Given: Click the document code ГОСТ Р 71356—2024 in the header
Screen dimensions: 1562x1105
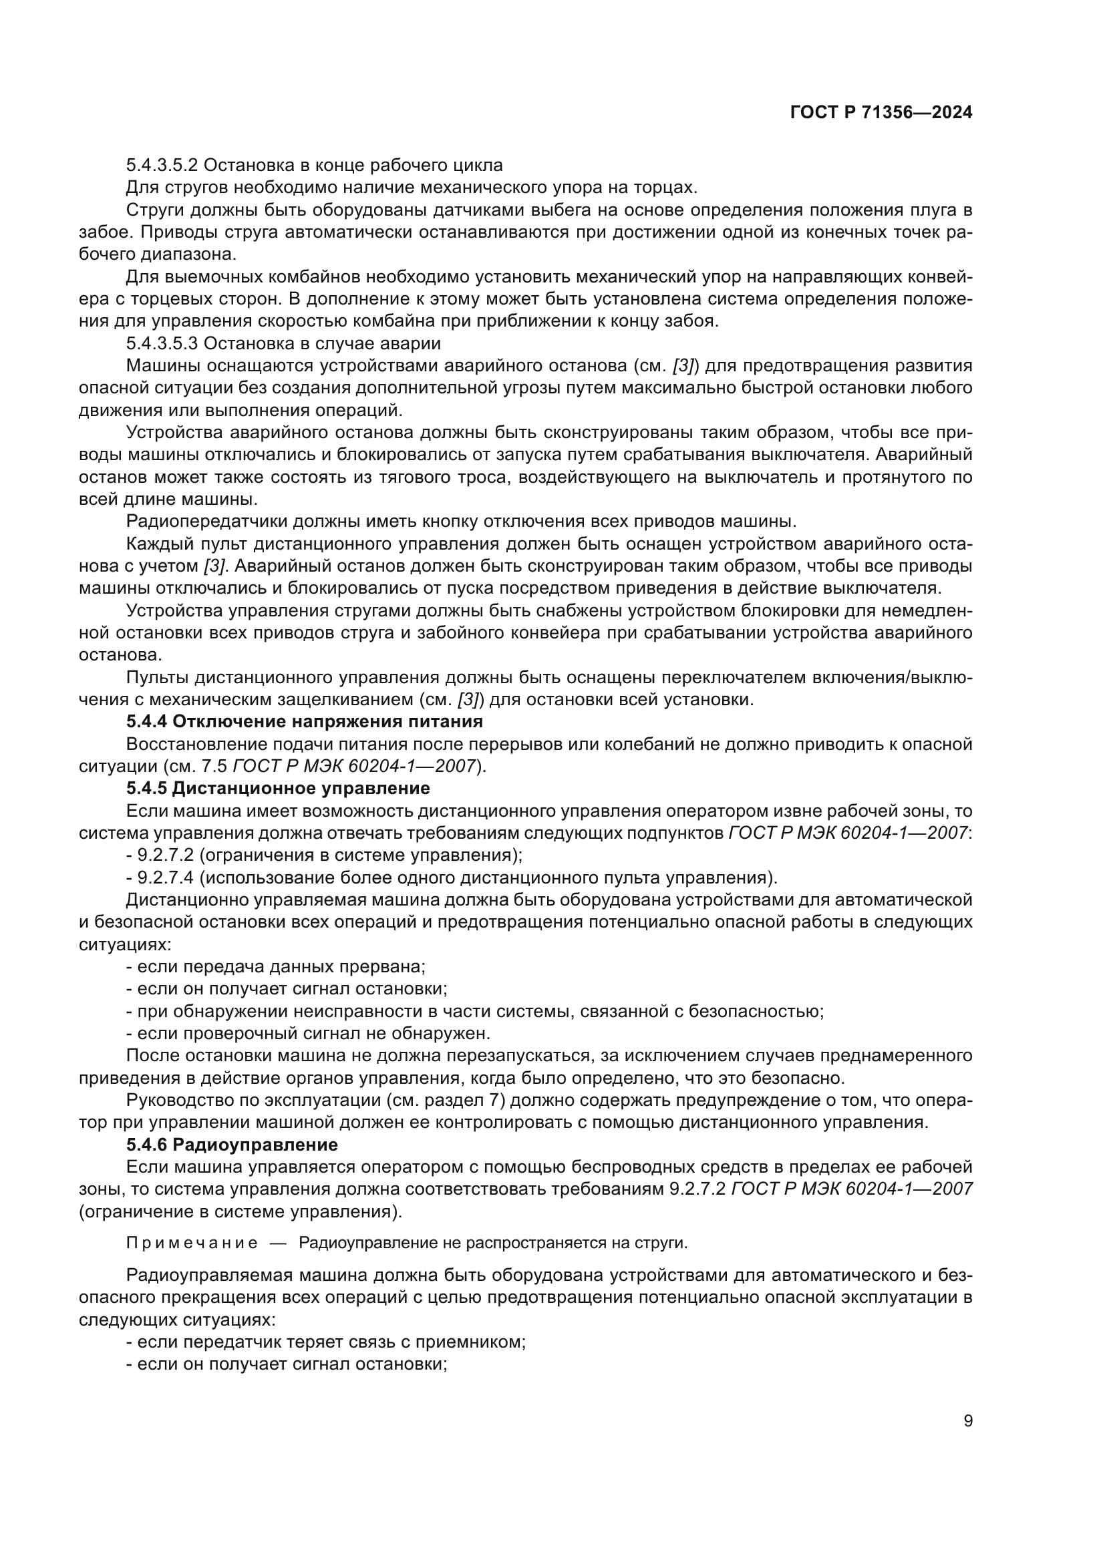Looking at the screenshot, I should pyautogui.click(x=881, y=113).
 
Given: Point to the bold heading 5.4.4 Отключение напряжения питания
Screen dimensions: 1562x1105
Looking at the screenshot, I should pyautogui.click(x=304, y=721).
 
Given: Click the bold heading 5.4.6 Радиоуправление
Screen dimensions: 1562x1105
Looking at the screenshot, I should pyautogui.click(x=231, y=1145).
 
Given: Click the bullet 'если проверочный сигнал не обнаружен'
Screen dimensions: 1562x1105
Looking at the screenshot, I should pyautogui.click(x=307, y=1033).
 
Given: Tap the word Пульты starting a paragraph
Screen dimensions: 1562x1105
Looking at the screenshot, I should pyautogui.click(x=158, y=678).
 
